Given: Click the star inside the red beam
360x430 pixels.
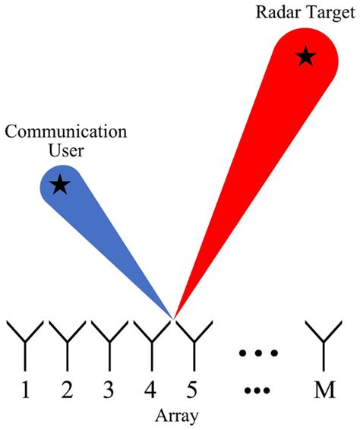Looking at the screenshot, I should coord(305,55).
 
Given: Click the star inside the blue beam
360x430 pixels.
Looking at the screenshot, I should coord(59,185).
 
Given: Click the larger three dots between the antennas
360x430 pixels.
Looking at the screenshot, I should coord(259,353).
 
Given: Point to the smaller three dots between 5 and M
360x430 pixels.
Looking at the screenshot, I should coord(259,391).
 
